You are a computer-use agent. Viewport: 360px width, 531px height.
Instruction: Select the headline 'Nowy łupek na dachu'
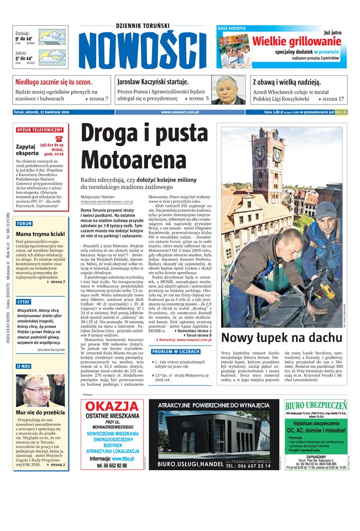281,338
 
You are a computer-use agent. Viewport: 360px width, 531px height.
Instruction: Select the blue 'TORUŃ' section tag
24,224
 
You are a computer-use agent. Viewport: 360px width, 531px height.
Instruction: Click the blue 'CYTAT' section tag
24,302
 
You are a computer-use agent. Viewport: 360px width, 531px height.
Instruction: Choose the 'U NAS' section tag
24,366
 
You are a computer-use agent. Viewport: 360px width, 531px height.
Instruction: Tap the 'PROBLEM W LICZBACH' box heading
176,351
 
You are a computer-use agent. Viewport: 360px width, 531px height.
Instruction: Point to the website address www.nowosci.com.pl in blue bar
180,112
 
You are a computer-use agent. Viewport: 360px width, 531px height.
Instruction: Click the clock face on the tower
261,153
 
